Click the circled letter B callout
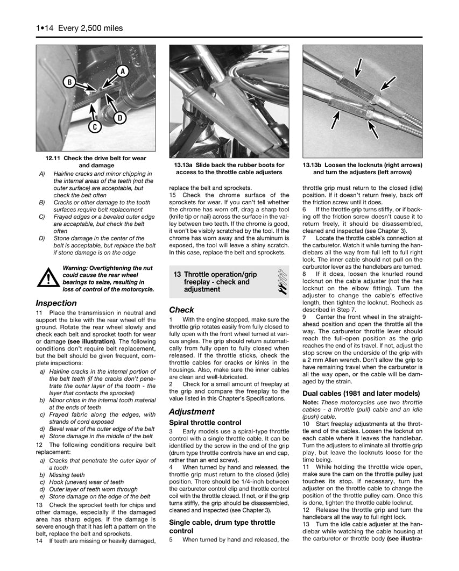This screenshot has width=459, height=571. pyautogui.click(x=69, y=82)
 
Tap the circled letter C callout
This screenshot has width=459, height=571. pyautogui.click(x=94, y=127)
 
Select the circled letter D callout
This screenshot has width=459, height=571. pyautogui.click(x=119, y=118)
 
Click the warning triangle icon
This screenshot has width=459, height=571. pyautogui.click(x=48, y=279)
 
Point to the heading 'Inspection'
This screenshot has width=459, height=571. pyautogui.click(x=56, y=303)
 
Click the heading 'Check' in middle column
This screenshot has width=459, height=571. pyautogui.click(x=181, y=310)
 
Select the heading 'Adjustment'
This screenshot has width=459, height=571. pyautogui.click(x=192, y=411)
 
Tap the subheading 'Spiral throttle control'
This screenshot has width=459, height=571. pyautogui.click(x=205, y=423)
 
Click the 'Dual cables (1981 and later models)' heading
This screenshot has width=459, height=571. pyautogui.click(x=361, y=394)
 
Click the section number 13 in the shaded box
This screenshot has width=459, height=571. pyautogui.click(x=177, y=274)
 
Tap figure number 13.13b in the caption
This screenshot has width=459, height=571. pyautogui.click(x=315, y=165)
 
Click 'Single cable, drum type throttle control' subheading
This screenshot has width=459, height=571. pyautogui.click(x=222, y=526)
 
